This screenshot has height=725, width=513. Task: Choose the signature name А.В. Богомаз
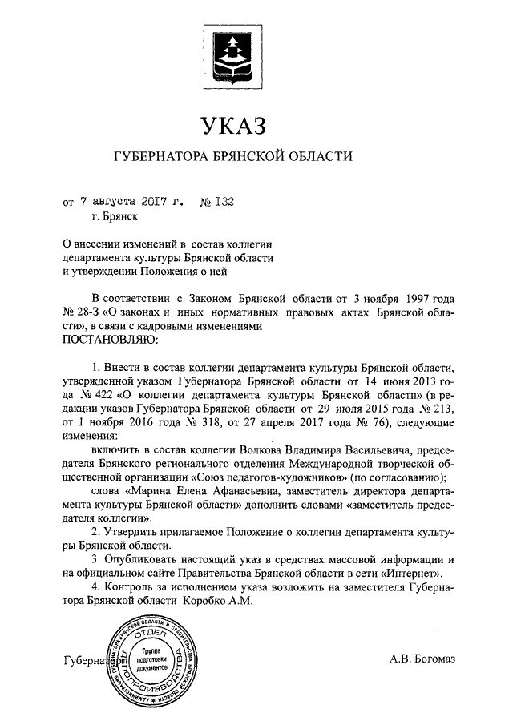(x=422, y=659)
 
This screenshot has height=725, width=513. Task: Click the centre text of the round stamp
(x=150, y=659)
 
